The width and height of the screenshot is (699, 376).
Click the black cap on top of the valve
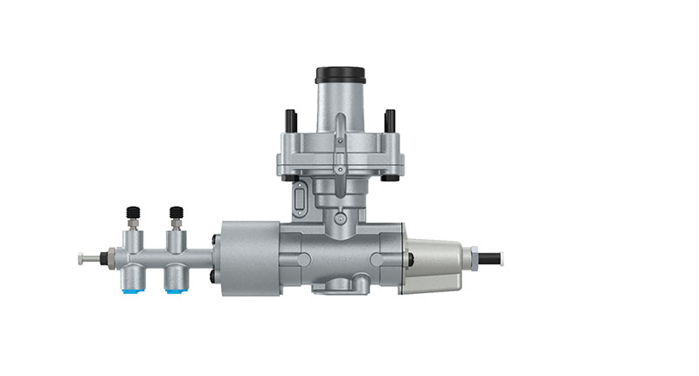340,74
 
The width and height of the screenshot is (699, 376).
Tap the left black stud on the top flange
291,120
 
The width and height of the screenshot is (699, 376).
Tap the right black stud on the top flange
390,120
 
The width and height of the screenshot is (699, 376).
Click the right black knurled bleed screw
176,212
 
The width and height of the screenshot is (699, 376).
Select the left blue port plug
134,289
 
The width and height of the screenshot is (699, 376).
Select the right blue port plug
176,289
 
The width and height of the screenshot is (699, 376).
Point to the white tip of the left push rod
81,258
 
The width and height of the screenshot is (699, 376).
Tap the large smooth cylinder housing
249,258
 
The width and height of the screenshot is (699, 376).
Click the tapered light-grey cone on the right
435,262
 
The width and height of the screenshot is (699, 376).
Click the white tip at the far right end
502,258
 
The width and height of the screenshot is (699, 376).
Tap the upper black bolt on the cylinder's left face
213,239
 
